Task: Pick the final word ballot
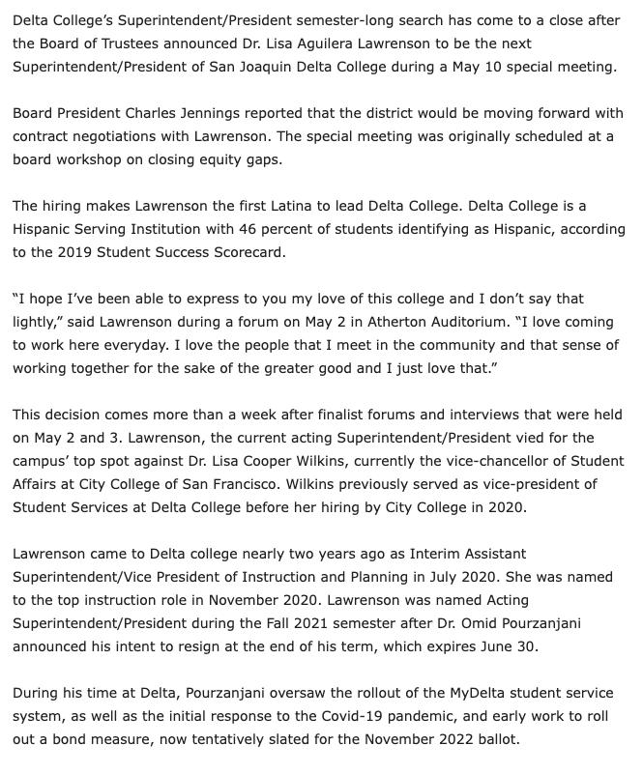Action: pos(495,740)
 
